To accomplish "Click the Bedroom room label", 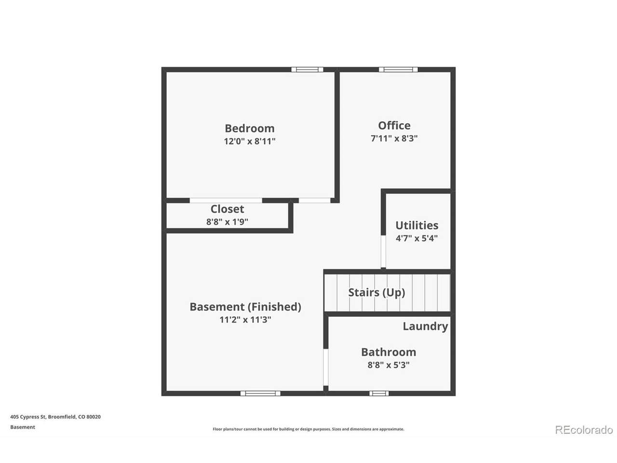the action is pos(249,128).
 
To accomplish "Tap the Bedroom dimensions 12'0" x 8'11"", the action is pos(249,141).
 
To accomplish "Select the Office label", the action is pos(394,126).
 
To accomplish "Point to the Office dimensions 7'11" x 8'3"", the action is pos(394,138).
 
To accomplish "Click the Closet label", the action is pos(227,209).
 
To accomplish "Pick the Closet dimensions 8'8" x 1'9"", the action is pos(227,222).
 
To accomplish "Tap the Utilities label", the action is pos(416,225).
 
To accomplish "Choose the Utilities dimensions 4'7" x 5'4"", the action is pos(416,238).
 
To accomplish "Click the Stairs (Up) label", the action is pos(376,293).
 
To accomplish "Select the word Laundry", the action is pos(425,327).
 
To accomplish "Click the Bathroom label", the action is pos(389,352).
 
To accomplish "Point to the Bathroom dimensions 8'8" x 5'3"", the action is pos(389,365).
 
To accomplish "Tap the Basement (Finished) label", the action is pos(245,307).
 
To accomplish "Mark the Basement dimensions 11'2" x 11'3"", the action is pos(245,320).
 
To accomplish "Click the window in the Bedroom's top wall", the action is pos(307,69).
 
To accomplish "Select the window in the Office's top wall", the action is pos(398,69).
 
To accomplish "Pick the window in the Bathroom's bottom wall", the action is pos(378,393).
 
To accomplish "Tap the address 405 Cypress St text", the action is pos(28,417).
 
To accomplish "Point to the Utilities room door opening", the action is pos(383,251).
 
